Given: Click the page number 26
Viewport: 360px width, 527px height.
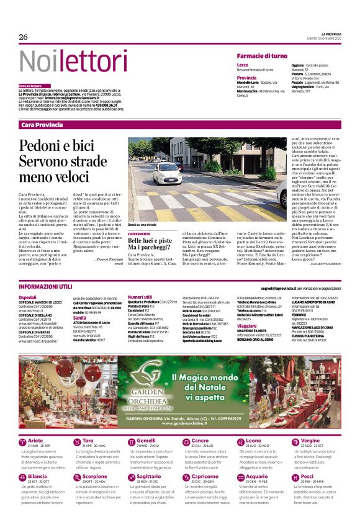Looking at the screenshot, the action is pyautogui.click(x=24, y=37).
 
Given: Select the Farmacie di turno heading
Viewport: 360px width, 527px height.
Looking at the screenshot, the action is pyautogui.click(x=261, y=56).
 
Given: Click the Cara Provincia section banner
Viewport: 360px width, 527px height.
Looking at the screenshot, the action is pyautogui.click(x=42, y=125).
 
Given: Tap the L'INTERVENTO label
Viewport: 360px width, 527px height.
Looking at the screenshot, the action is pyautogui.click(x=139, y=233).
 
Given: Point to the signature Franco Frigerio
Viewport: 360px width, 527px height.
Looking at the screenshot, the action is pyautogui.click(x=109, y=258).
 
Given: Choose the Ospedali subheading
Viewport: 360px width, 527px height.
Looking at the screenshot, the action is pyautogui.click(x=27, y=297).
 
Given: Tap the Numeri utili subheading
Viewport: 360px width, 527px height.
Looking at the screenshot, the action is pyautogui.click(x=140, y=297).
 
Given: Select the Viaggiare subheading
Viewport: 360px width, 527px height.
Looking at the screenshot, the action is pyautogui.click(x=246, y=325).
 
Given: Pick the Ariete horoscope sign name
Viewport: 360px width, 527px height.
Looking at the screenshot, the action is pyautogui.click(x=36, y=440).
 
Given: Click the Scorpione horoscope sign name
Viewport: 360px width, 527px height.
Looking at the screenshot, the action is pyautogui.click(x=94, y=476).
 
